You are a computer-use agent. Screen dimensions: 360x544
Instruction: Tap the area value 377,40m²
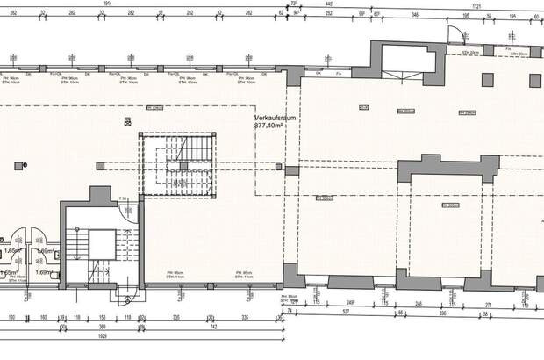tap(270, 126)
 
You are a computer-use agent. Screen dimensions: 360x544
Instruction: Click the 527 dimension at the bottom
tap(347, 311)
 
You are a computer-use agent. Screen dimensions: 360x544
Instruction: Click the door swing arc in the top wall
tap(455, 36)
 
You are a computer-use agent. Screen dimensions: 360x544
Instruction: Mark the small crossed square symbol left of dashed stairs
tap(101, 164)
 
